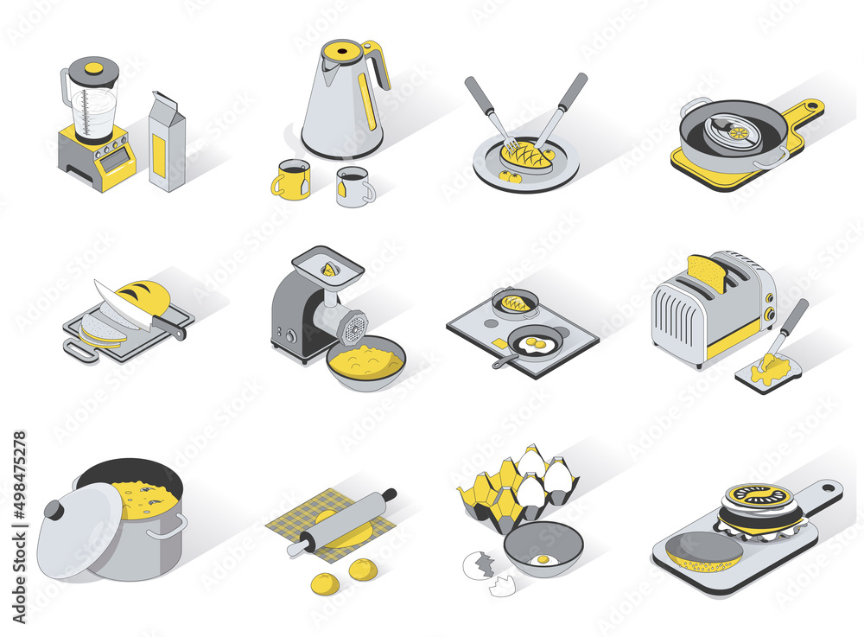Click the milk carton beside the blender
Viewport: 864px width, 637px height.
(167, 143)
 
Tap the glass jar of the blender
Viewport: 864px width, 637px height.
(93, 104)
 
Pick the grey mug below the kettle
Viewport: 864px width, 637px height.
(353, 187)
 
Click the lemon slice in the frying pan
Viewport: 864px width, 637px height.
(738, 133)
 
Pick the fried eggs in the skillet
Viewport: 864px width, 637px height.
(537, 345)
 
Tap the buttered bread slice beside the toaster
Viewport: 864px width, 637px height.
(768, 371)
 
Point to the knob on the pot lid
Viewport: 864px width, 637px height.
(54, 512)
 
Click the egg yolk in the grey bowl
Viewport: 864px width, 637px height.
(542, 559)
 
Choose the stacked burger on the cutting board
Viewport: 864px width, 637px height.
(759, 511)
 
